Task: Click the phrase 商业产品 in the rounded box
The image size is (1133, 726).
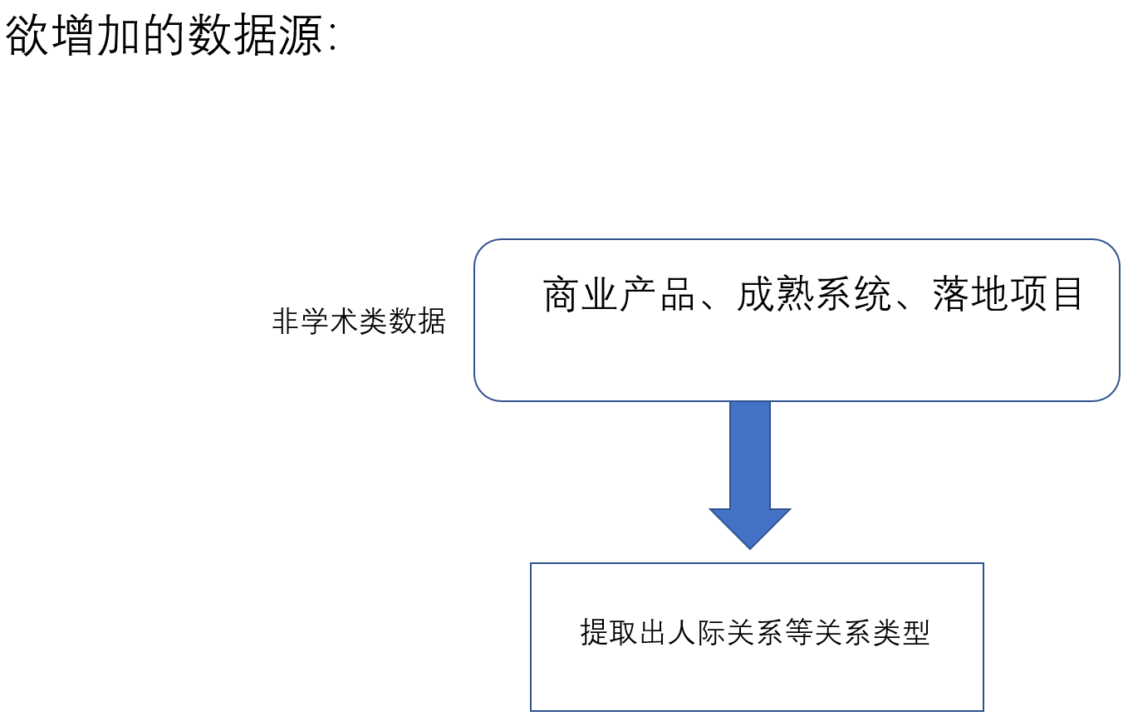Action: (x=619, y=295)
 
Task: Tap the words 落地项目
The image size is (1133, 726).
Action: (x=1008, y=295)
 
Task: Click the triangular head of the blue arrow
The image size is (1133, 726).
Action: (x=749, y=527)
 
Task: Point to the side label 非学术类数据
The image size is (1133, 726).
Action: (x=359, y=321)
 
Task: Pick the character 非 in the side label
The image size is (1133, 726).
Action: (x=286, y=321)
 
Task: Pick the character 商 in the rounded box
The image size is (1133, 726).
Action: (x=562, y=295)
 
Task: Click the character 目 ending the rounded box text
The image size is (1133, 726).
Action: (x=1067, y=295)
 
